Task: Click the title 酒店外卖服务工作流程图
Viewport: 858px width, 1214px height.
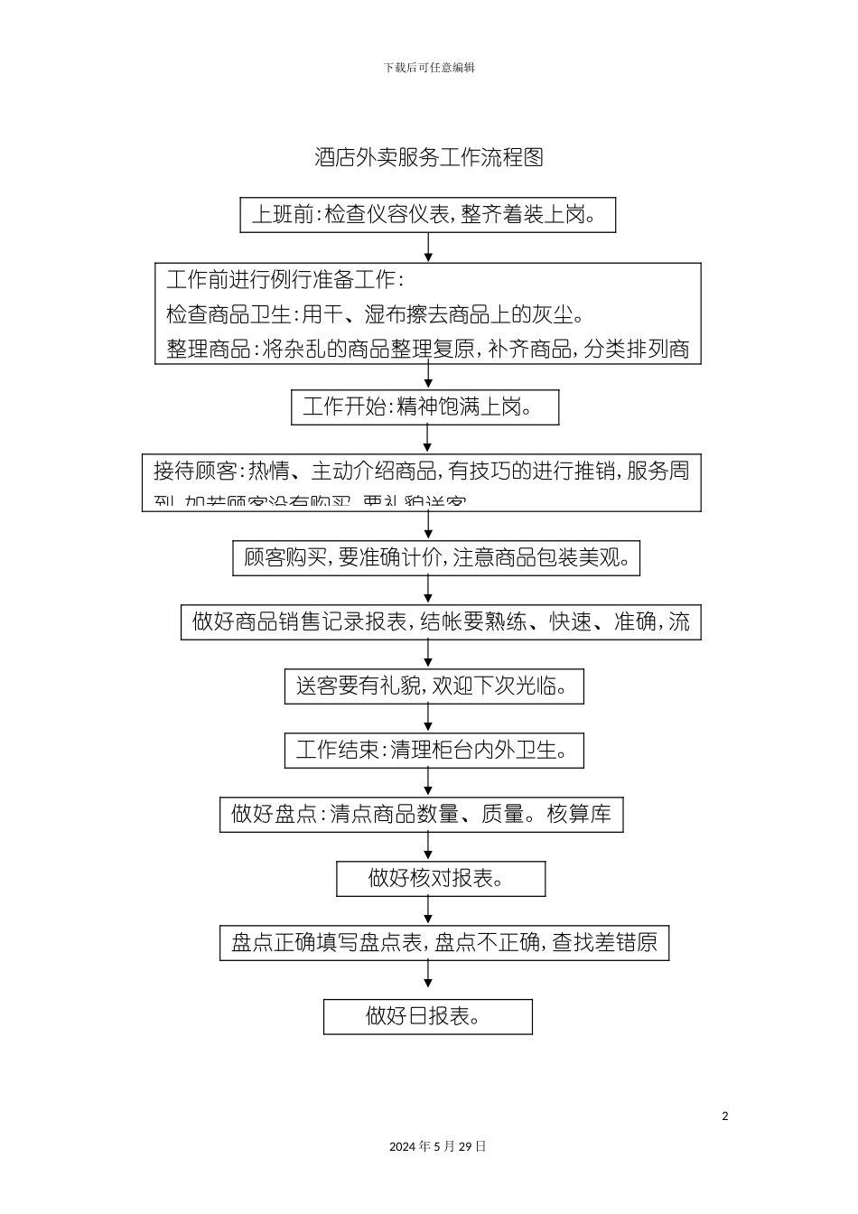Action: [x=428, y=157]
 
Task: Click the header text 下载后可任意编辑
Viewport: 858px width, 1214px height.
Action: [x=429, y=68]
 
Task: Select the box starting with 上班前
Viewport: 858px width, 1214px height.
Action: [x=427, y=215]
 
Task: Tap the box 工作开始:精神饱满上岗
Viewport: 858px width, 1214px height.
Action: [x=424, y=407]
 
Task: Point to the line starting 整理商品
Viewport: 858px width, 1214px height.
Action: [x=428, y=350]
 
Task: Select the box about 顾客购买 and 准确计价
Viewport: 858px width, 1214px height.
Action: [x=436, y=558]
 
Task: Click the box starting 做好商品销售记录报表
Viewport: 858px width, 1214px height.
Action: [x=441, y=621]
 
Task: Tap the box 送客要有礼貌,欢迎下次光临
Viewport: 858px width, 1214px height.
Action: [x=434, y=686]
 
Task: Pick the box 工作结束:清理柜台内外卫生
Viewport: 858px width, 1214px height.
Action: [x=434, y=751]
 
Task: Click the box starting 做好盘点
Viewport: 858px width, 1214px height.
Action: [x=421, y=815]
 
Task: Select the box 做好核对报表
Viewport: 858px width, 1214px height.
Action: [x=440, y=879]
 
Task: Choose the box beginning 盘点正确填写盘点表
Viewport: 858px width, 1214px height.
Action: [x=443, y=943]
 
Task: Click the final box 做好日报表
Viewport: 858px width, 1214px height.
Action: [x=427, y=1016]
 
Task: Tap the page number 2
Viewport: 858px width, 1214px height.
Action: [x=724, y=1116]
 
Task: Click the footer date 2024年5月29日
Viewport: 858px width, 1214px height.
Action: [x=438, y=1146]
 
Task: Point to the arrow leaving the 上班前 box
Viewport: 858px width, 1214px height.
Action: [x=428, y=247]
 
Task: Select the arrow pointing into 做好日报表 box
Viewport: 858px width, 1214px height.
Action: [x=428, y=979]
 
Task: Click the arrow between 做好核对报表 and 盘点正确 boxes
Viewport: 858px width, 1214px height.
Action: [x=428, y=910]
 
